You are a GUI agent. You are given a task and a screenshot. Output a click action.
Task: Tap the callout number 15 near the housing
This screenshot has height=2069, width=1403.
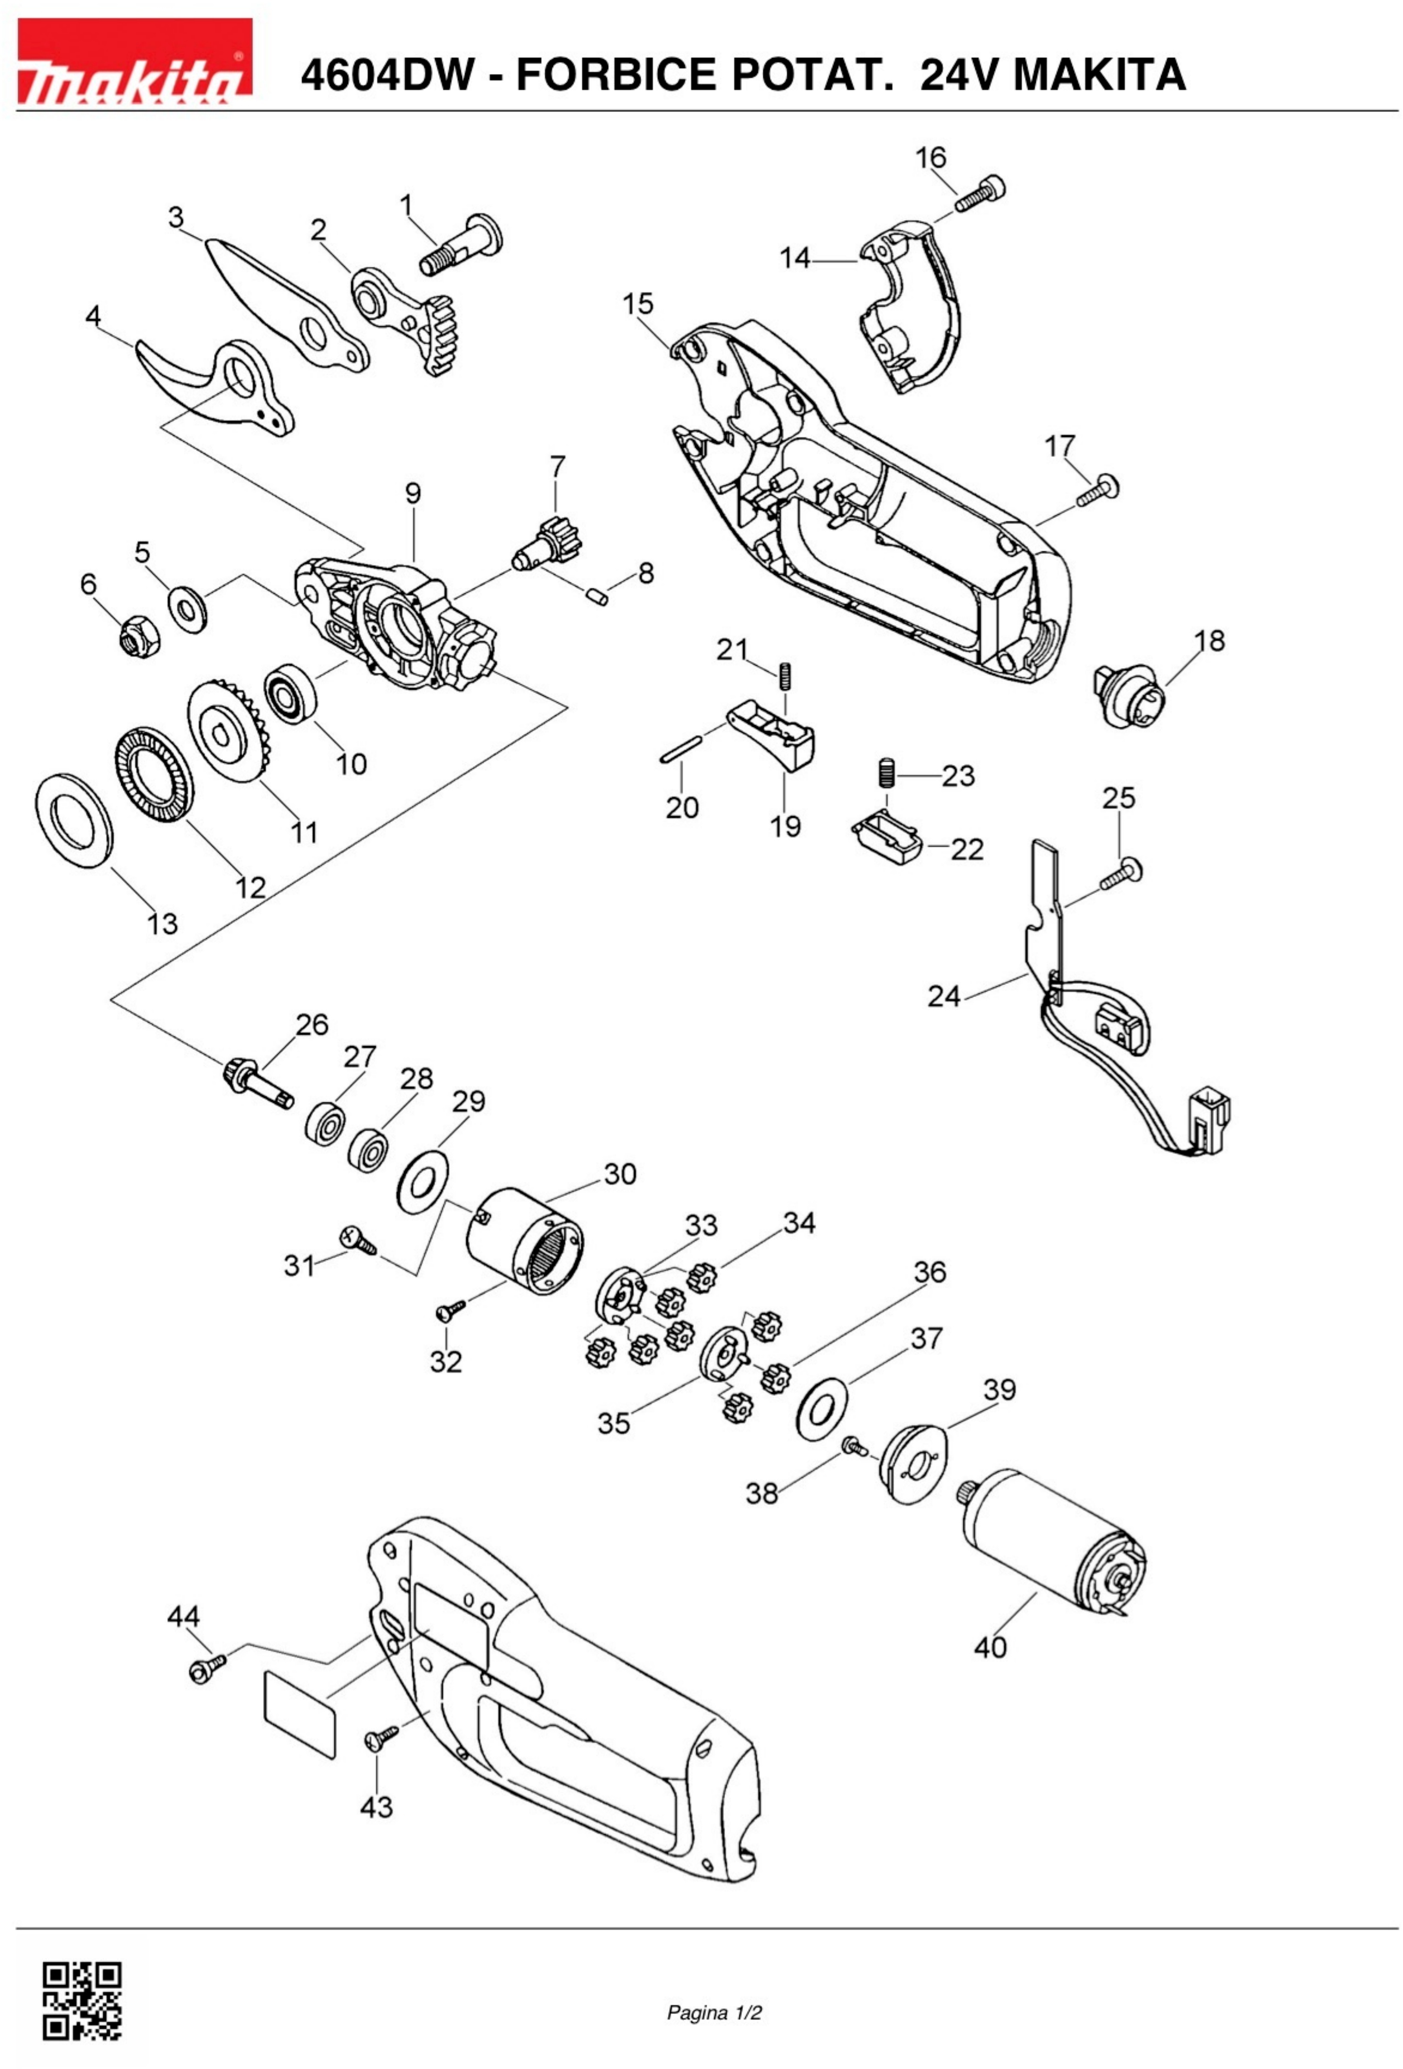pos(637,304)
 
